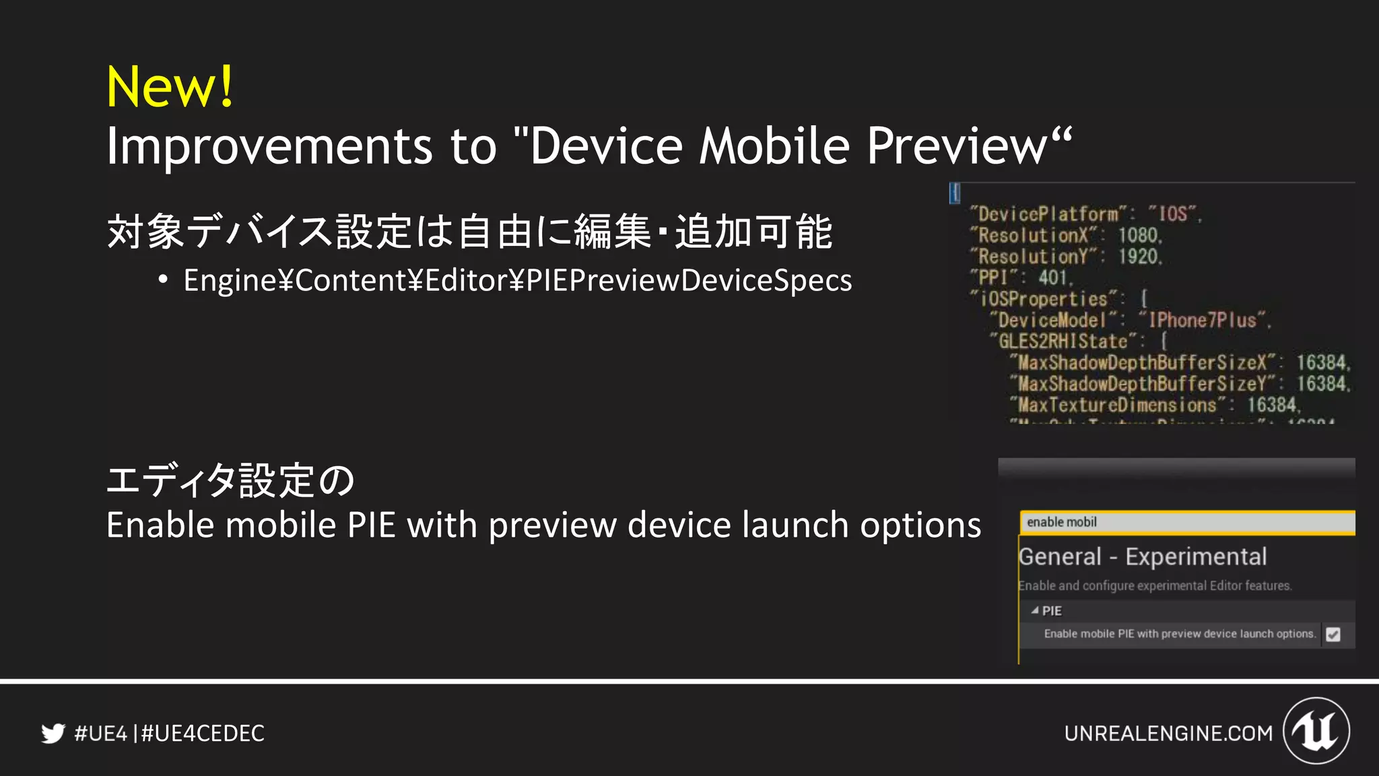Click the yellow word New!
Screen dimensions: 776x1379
170,87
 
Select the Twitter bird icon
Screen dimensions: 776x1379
53,733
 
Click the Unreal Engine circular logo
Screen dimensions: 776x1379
1316,731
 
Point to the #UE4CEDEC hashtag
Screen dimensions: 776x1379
203,733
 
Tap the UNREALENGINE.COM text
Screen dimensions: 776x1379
1168,733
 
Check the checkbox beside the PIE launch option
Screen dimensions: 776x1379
1333,634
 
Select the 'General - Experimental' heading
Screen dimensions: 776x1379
1143,557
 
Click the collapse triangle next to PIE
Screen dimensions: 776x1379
1035,610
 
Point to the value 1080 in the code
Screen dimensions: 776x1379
1139,235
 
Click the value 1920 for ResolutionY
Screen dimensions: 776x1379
1139,257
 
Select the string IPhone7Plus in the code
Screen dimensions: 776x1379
1202,320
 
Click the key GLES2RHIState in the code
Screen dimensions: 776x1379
1063,342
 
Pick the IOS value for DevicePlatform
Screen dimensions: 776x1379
1173,214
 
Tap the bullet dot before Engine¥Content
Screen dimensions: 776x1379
162,280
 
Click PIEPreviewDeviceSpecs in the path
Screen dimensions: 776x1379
689,281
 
